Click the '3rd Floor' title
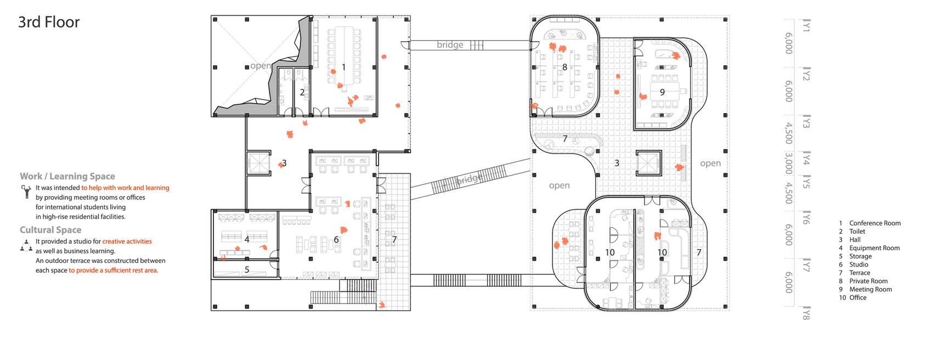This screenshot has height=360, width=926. point(49,22)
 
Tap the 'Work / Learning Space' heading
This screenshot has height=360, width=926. point(67,176)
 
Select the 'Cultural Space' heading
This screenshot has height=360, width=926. point(50,230)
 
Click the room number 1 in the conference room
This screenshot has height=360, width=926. point(343,67)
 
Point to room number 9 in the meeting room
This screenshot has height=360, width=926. point(662,92)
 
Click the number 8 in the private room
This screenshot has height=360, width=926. point(564,67)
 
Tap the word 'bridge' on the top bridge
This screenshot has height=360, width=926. point(450,45)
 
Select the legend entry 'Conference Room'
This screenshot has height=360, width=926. point(874,223)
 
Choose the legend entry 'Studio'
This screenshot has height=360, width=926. point(859,265)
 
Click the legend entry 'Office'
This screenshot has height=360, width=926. point(857,297)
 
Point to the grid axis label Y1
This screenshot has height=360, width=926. point(806,26)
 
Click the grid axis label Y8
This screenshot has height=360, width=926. point(806,314)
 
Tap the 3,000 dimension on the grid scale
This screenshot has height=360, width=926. point(788,163)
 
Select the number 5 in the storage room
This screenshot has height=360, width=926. point(247,269)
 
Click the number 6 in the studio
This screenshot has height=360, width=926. point(336,240)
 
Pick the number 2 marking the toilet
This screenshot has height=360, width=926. point(302,92)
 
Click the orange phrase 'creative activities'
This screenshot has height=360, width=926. point(127,241)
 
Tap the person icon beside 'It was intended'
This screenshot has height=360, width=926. point(26,191)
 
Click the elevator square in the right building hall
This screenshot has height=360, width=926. point(649,163)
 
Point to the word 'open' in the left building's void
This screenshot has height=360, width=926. point(260,66)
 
